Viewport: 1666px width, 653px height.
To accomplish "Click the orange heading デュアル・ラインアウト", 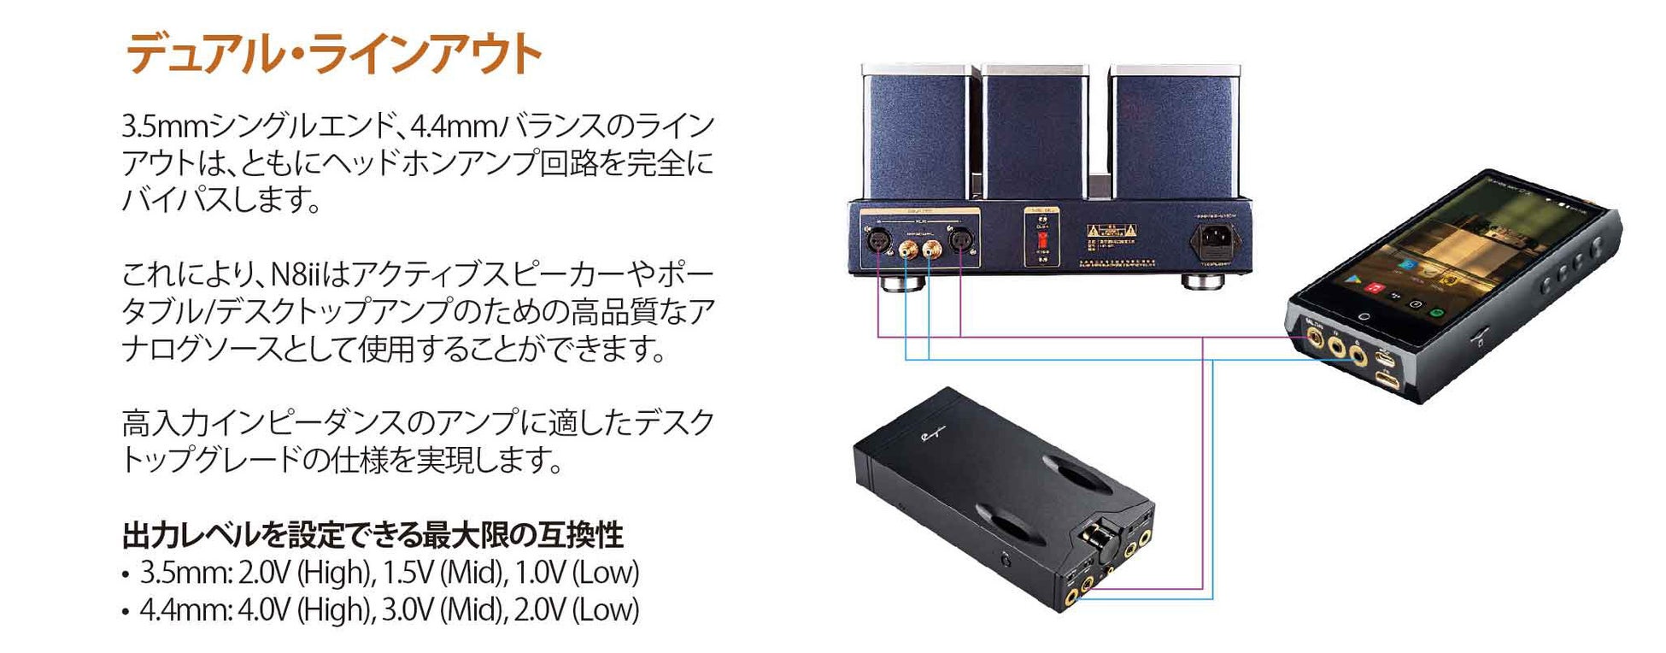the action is (x=333, y=54).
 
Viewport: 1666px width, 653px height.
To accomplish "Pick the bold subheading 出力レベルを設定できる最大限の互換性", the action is (x=373, y=535).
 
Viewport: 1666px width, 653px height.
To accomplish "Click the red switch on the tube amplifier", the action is (x=1041, y=237).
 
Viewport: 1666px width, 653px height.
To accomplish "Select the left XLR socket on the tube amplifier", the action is (x=877, y=241).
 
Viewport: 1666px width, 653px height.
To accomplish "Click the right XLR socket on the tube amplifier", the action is (x=960, y=241).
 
